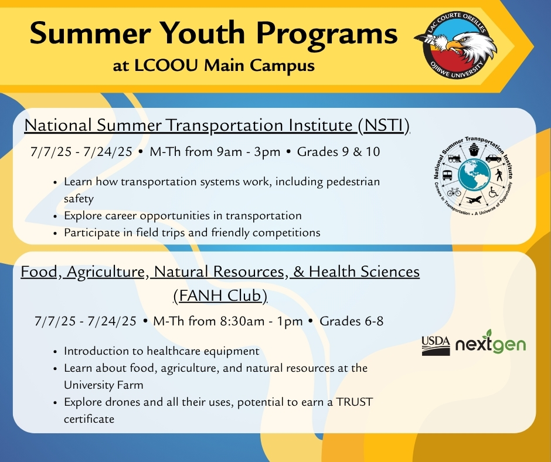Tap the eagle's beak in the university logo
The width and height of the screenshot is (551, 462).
(x=453, y=46)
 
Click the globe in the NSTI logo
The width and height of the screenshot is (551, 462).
(x=474, y=175)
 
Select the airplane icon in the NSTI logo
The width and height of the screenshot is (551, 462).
(x=474, y=200)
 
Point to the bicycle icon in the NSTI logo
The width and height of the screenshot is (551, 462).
(x=454, y=192)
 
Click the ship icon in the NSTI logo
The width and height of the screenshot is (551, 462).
(x=474, y=149)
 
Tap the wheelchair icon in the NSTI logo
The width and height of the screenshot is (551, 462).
(x=494, y=192)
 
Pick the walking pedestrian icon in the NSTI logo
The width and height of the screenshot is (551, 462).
(x=499, y=175)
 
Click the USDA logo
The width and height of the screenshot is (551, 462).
(x=436, y=346)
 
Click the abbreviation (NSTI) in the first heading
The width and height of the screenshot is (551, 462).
(x=384, y=125)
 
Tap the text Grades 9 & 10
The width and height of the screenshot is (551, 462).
(x=338, y=151)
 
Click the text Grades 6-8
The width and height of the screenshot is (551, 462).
(x=351, y=321)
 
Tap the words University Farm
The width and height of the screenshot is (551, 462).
(x=104, y=385)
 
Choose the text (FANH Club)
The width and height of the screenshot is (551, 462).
(x=220, y=295)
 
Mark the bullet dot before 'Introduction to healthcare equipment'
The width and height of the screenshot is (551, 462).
(x=55, y=352)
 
